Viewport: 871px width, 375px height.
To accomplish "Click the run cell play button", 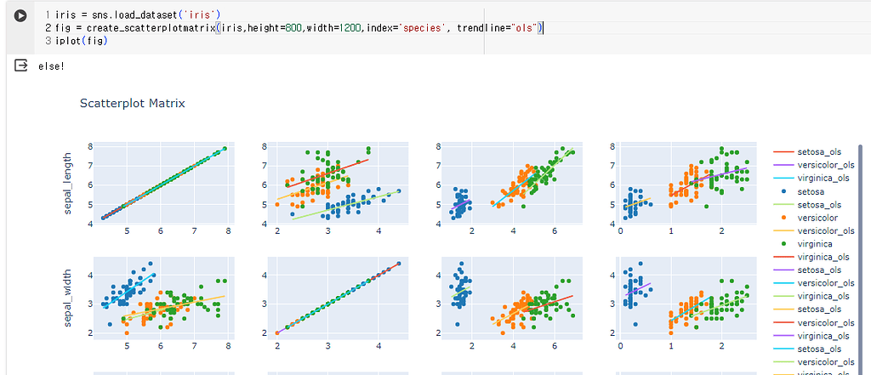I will coord(21,15).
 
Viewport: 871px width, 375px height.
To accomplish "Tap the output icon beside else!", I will coord(21,65).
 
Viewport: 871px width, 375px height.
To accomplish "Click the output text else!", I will coord(51,65).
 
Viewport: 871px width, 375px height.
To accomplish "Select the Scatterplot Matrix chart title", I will coord(132,104).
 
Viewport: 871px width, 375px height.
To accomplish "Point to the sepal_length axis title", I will coord(68,185).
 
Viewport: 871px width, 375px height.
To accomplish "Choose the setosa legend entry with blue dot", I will coord(809,191).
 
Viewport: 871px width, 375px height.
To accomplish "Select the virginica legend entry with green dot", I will coord(812,243).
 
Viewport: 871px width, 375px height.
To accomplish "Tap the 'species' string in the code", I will coord(424,28).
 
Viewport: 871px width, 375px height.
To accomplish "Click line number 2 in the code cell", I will coord(48,28).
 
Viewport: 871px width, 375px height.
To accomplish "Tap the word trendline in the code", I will coord(482,28).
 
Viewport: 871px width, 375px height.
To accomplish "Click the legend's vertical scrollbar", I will coord(861,255).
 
